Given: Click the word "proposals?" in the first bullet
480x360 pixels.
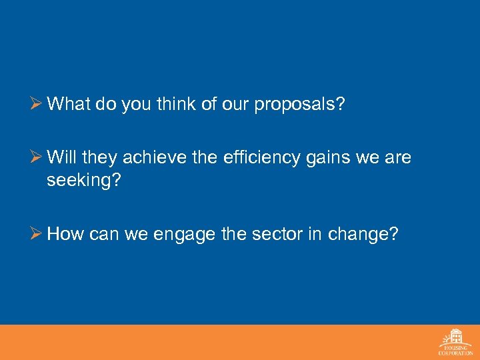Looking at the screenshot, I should point(299,105).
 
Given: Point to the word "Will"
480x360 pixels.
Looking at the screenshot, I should point(61,158).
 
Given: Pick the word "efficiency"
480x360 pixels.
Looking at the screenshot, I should point(267,159).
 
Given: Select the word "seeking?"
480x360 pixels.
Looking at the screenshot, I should point(82,179).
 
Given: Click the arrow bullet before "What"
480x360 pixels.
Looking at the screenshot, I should point(37,105).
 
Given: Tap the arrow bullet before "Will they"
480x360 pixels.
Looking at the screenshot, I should point(37,158).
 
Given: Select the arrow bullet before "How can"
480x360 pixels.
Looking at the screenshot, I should point(37,234).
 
